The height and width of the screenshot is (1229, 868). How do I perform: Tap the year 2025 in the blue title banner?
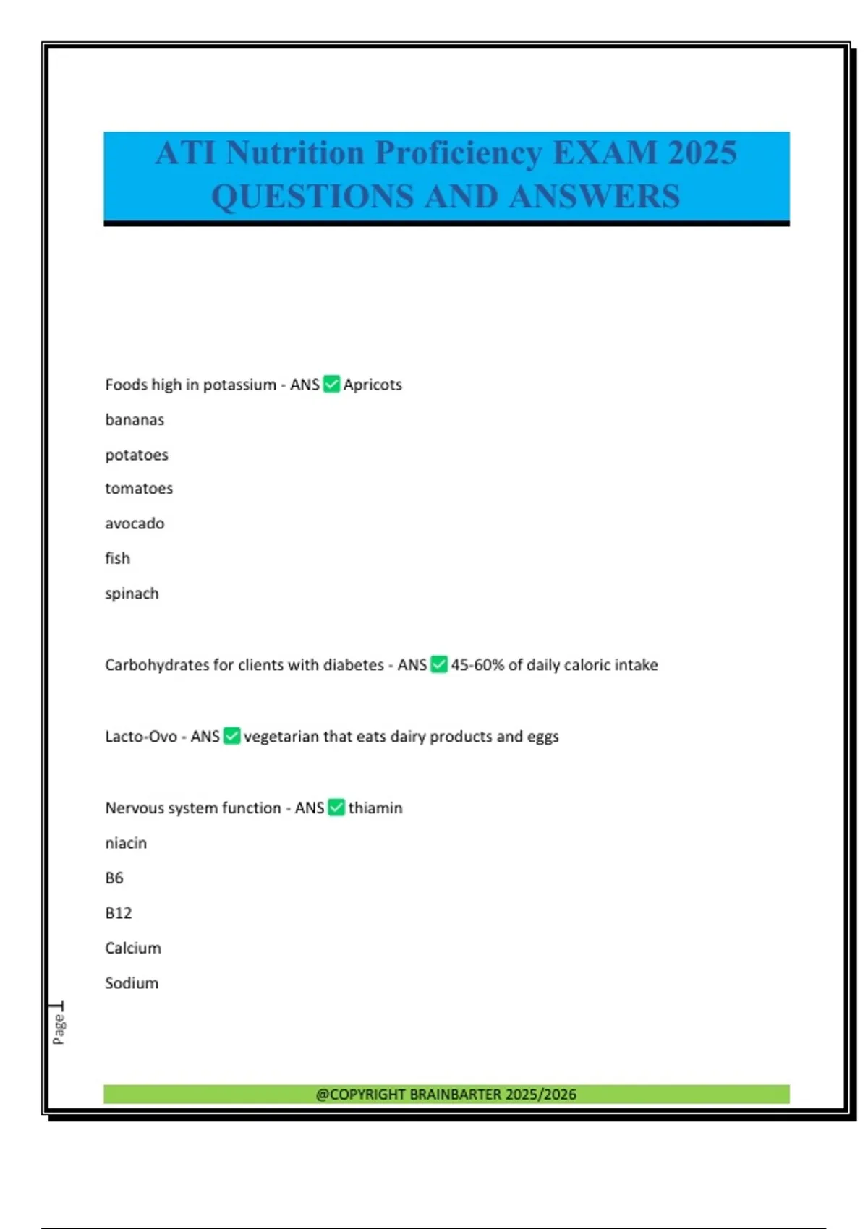pos(702,153)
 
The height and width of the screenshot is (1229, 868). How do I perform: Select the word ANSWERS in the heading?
pos(595,197)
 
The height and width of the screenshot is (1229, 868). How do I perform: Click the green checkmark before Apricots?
pos(331,384)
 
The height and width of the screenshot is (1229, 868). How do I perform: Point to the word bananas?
pos(135,419)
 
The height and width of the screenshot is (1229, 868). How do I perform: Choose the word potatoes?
pos(137,455)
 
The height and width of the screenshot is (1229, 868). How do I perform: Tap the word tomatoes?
pos(139,489)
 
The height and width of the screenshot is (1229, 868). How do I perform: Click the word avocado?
pos(135,523)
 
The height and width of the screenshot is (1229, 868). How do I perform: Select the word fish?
pos(118,558)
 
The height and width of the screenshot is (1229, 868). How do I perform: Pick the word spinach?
pos(132,594)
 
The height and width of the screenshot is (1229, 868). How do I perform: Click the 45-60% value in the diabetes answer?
pos(477,664)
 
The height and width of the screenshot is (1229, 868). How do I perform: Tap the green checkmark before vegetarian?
pos(231,736)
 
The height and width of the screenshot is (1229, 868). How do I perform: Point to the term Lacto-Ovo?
pos(141,736)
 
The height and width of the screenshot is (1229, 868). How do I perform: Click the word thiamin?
pos(375,808)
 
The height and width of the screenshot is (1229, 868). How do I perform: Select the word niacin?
pos(126,843)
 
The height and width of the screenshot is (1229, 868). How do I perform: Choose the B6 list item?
pos(114,878)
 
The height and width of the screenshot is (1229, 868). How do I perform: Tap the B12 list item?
pos(119,913)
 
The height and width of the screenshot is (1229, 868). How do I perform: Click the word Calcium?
pos(133,948)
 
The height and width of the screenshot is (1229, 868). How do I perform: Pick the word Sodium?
pos(132,983)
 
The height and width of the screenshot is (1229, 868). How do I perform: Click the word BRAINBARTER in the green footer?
pos(455,1094)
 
